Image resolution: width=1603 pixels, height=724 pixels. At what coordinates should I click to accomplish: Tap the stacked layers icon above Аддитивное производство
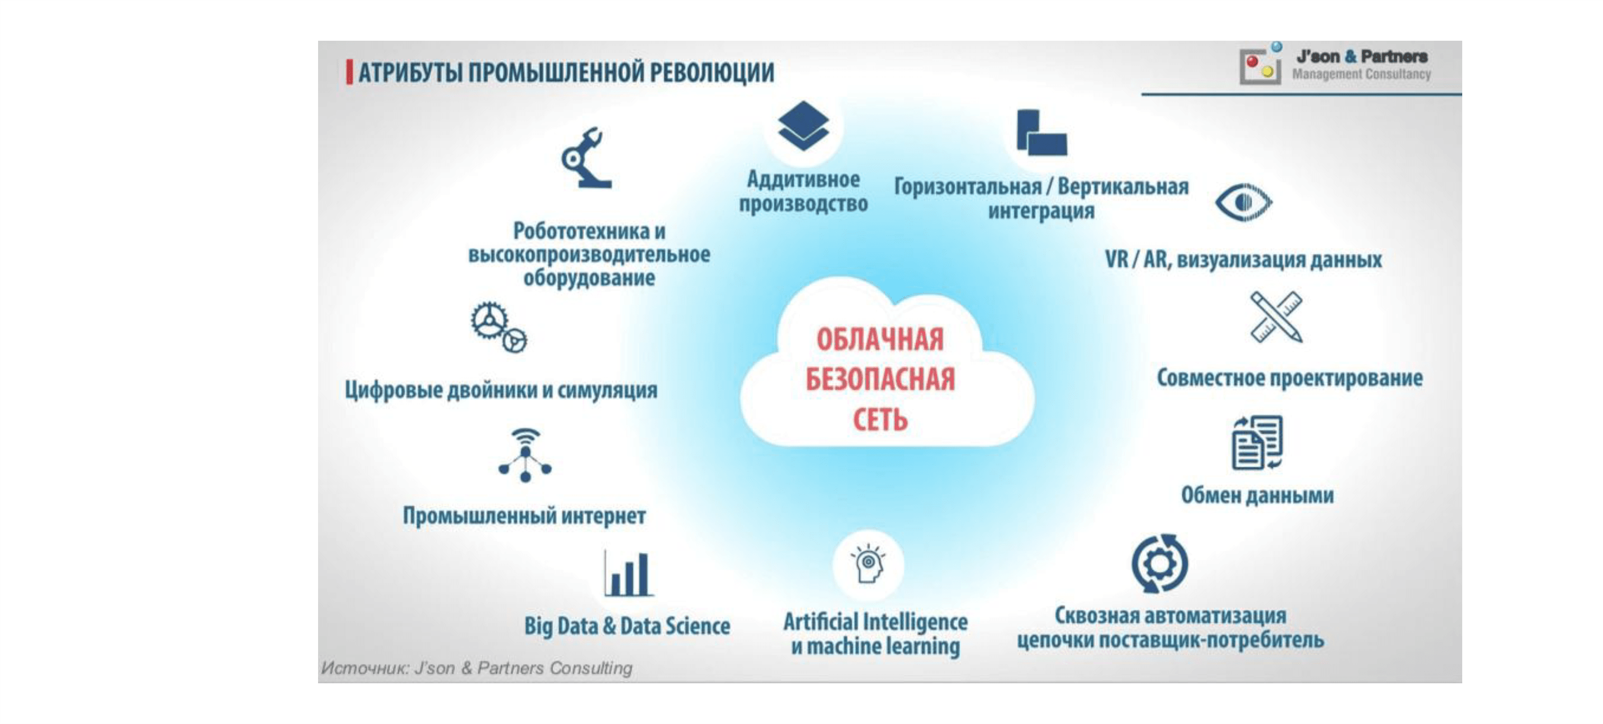coord(803,126)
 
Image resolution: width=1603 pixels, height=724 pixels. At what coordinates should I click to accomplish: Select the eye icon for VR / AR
coord(1243,202)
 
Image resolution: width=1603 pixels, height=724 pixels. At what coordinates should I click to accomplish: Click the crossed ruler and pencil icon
coord(1276,317)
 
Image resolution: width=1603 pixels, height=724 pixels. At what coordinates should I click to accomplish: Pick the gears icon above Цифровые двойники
coord(499,327)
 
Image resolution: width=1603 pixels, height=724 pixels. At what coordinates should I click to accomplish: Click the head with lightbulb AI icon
coord(868,564)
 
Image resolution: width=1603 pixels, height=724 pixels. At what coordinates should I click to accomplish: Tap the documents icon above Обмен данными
coord(1257,442)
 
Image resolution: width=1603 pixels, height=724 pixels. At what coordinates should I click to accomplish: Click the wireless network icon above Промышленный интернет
coord(525,455)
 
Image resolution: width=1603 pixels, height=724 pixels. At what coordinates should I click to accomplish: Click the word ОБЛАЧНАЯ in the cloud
coord(880,340)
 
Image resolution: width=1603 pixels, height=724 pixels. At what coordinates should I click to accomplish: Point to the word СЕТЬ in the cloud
coord(880,420)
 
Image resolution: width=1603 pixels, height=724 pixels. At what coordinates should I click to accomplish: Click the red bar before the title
coord(350,72)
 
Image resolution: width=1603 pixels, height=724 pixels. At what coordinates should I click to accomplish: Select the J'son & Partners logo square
coord(1260,65)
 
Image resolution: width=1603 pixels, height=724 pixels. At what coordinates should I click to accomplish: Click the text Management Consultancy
coord(1362,74)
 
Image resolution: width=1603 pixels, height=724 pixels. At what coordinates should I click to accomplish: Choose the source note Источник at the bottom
coord(477,668)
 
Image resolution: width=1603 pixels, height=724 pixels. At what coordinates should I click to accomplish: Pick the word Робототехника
coord(581,232)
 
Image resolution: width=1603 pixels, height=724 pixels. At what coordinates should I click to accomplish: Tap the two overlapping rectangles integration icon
coord(1041,133)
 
